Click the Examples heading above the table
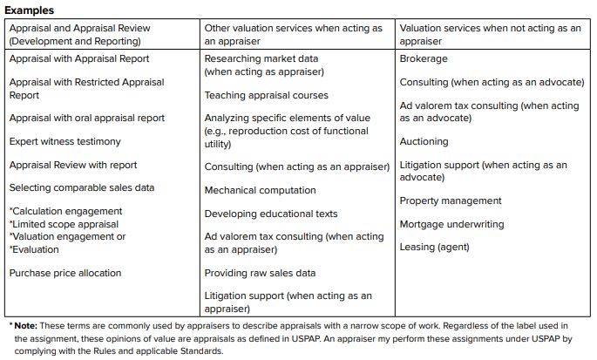[x=31, y=10]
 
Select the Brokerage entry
[x=424, y=58]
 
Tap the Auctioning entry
[x=424, y=141]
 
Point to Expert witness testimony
[x=65, y=141]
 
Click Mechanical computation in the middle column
[x=261, y=190]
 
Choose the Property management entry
[x=451, y=200]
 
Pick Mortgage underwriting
[x=451, y=224]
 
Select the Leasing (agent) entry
[x=434, y=247]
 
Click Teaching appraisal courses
[x=267, y=95]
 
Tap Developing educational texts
[x=271, y=214]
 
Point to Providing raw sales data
[x=261, y=273]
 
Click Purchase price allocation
[x=65, y=273]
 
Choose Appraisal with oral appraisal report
[x=87, y=118]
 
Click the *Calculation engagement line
[x=66, y=211]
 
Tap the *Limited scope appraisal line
[x=65, y=224]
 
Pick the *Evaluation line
[x=36, y=248]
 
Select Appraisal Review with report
[x=73, y=165]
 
